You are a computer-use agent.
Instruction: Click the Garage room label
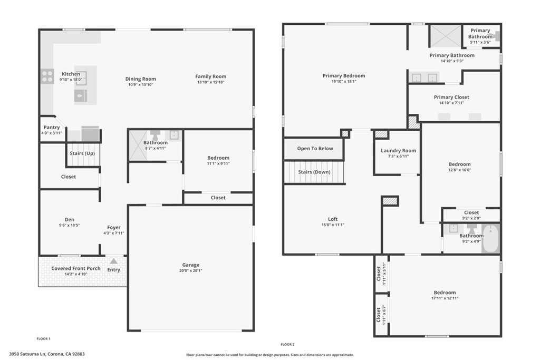click(191, 265)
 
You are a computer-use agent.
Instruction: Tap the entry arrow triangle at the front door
click(114, 261)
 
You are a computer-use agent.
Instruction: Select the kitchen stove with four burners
click(47, 76)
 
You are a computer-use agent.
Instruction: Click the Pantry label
click(52, 128)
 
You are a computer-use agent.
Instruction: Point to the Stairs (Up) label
click(82, 153)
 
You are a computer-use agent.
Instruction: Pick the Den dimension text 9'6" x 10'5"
click(69, 225)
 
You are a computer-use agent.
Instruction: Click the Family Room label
click(211, 76)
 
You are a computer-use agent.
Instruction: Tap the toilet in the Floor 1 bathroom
click(156, 135)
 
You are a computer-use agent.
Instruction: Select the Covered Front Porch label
click(76, 268)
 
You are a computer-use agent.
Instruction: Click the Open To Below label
click(315, 148)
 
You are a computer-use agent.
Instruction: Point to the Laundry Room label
click(399, 150)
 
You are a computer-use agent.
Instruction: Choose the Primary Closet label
click(451, 97)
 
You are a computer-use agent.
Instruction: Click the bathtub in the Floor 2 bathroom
click(490, 238)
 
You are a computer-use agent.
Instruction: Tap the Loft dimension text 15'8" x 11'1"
click(333, 225)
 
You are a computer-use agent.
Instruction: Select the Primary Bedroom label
click(344, 76)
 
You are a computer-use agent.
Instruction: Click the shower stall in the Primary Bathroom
click(445, 35)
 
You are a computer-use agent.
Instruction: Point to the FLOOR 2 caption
click(287, 344)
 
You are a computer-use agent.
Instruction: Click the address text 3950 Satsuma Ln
click(27, 354)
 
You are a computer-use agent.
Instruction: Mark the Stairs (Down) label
click(314, 172)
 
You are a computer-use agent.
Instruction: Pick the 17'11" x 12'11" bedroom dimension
click(445, 298)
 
